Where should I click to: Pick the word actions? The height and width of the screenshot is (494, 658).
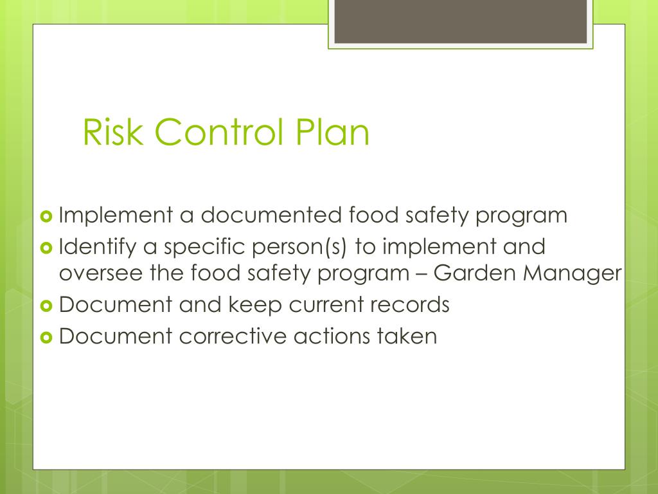pos(326,336)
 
